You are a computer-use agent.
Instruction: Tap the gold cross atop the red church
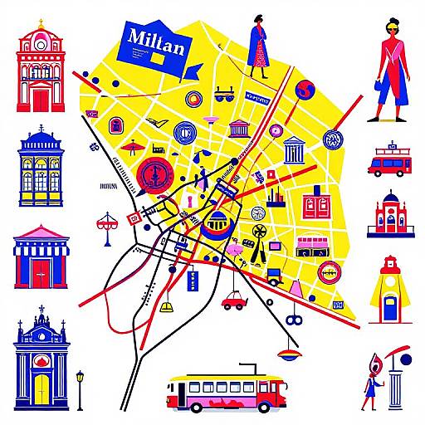[x=40, y=23]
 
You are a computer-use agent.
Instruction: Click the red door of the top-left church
[x=41, y=100]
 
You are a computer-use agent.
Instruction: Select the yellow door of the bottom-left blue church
[x=42, y=388]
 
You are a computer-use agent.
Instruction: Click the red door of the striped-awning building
[x=41, y=272]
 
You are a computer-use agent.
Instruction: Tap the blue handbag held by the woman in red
[x=379, y=85]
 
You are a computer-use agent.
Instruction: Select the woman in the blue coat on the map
[x=261, y=46]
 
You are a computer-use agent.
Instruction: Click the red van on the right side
[x=389, y=164]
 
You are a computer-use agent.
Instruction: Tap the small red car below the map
[x=234, y=300]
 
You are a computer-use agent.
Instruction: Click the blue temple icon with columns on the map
[x=293, y=150]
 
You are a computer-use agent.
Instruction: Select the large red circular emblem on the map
[x=154, y=175]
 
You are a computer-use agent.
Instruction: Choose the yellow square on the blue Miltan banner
[x=155, y=58]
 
